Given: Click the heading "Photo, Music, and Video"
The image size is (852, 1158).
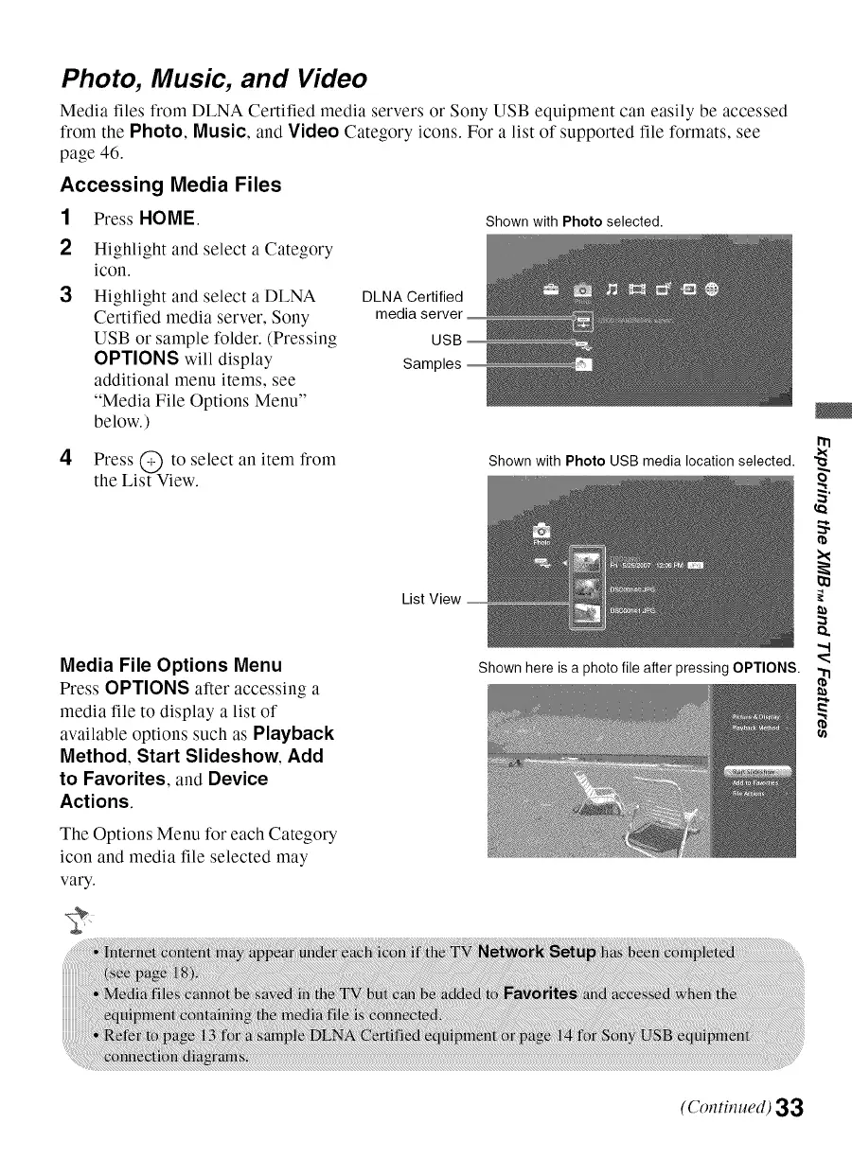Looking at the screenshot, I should coord(213,78).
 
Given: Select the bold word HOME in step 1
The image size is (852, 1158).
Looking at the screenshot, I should coord(167,220).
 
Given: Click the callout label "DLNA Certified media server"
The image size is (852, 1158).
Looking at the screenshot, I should coord(417,307).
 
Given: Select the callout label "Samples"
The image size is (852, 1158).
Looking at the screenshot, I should coord(433,363).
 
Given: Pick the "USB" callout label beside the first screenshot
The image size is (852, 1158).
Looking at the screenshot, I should coord(445,340).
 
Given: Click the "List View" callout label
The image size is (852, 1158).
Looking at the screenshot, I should coord(432,599).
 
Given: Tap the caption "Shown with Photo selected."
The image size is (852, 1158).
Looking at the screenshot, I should coord(574,222).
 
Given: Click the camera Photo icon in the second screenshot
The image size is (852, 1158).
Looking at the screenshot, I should coord(544,532).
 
